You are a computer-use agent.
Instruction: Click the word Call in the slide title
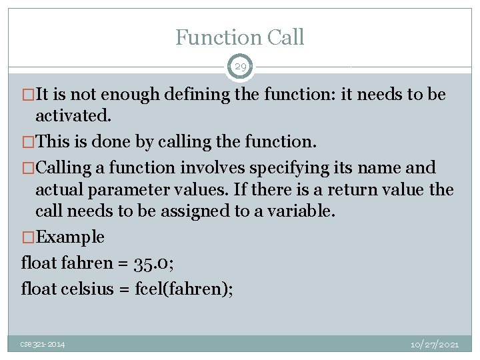[284, 37]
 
